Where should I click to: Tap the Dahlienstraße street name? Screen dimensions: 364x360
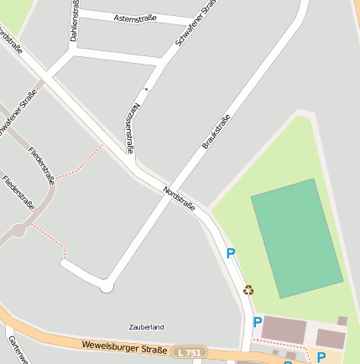[x=75, y=21]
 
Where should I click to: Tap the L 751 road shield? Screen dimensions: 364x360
[x=190, y=354]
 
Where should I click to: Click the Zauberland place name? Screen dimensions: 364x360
[x=147, y=326]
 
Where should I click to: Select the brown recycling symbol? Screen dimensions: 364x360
[x=248, y=290]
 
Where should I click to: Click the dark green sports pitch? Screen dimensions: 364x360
[x=296, y=237]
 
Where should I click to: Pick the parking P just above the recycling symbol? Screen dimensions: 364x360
[x=231, y=253]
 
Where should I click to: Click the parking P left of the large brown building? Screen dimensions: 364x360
[x=258, y=322]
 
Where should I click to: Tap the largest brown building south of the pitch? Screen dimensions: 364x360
[x=284, y=330]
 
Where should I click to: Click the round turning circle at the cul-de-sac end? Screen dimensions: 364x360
[x=107, y=288]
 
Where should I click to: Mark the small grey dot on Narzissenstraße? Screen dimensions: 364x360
[x=146, y=88]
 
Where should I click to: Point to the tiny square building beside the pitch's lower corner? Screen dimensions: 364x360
[x=342, y=320]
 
